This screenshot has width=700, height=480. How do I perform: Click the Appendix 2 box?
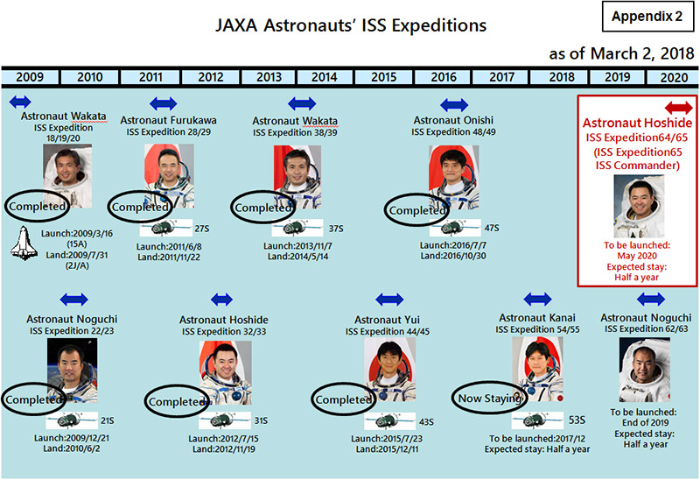pos(647,17)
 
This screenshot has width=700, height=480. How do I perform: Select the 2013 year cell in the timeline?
pos(269,77)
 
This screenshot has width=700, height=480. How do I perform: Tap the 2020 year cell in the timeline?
pos(674,77)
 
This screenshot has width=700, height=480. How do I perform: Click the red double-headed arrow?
pos(679,108)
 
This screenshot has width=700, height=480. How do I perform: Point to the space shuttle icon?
pos(24,244)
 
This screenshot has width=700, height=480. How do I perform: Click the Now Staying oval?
pos(489,398)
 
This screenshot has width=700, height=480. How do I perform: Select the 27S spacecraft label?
pos(202,229)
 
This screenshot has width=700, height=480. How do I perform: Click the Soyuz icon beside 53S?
pos(538,420)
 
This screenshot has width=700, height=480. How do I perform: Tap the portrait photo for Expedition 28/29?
pos(169,176)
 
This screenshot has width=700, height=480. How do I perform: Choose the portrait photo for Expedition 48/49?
pos(454,178)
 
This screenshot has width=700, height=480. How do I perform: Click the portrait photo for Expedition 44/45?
pos(389,369)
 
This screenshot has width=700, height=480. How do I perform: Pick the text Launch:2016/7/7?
pos(453,245)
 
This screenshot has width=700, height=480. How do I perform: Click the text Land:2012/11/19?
pos(224,449)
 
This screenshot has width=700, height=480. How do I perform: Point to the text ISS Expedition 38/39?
pos(295,132)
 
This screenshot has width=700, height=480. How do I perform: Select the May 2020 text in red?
pos(637,256)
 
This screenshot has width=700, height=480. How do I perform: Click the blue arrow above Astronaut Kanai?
pos(537,299)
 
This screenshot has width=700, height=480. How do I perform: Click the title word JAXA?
pos(236,25)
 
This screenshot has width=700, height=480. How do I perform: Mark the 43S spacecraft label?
pos(426,421)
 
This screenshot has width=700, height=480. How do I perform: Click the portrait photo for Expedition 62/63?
pos(645,370)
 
